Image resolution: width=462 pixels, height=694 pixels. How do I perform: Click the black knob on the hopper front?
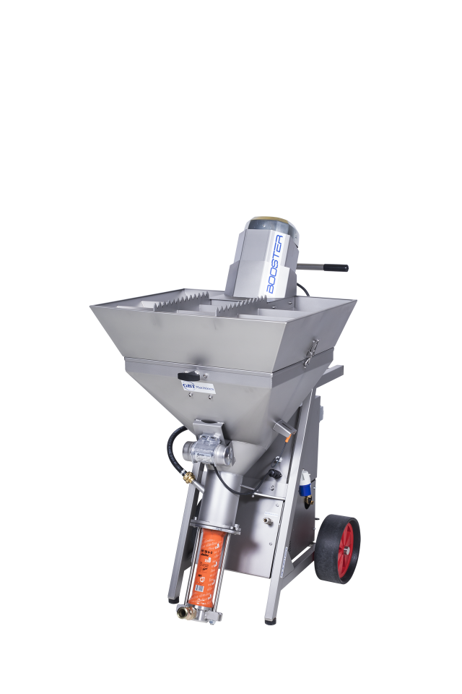(188, 376)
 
